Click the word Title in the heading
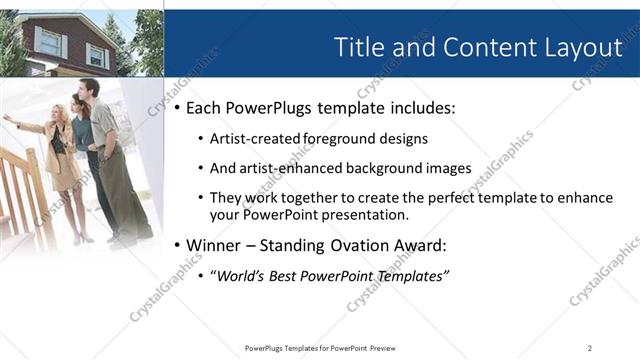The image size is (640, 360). coord(358,47)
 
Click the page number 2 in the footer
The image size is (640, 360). coord(590,347)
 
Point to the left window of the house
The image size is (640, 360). coord(48,41)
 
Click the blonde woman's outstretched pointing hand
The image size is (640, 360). coord(7,118)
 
